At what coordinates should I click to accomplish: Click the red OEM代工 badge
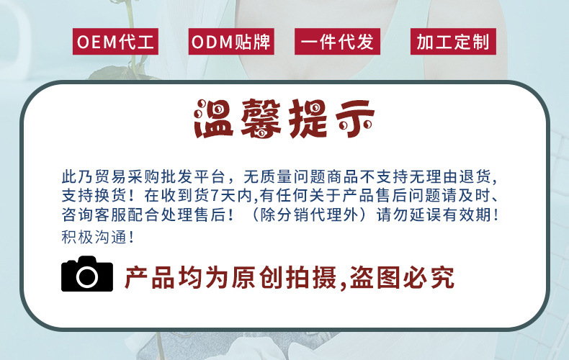(115, 42)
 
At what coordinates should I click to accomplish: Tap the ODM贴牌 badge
(231, 42)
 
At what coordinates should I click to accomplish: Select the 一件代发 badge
(337, 42)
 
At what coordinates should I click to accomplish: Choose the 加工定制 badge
(453, 42)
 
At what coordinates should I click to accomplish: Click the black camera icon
(87, 274)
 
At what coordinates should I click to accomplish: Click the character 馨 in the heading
(263, 120)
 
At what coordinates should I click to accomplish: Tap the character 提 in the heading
(310, 120)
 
